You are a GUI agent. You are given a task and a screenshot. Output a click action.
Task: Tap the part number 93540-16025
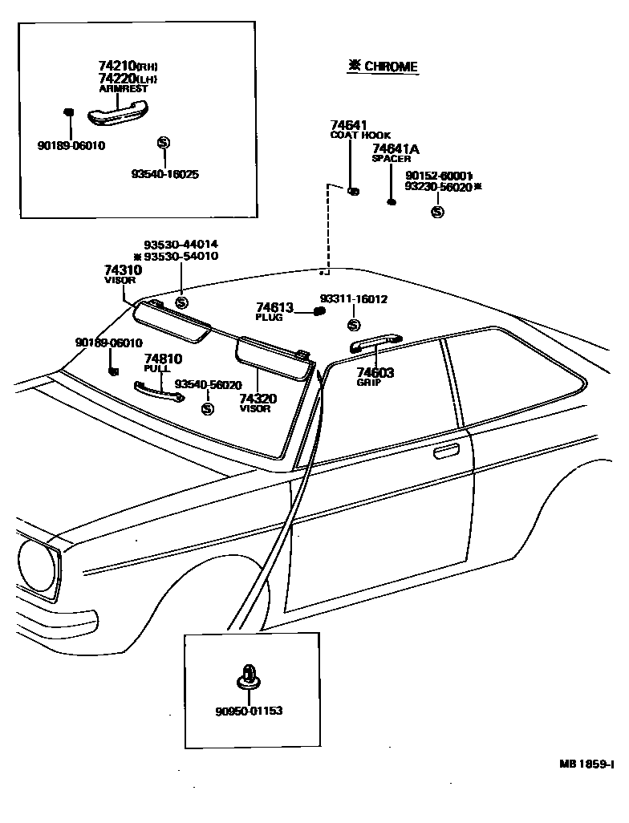click(x=165, y=173)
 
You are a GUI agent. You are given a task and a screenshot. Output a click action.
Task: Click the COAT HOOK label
click(x=360, y=136)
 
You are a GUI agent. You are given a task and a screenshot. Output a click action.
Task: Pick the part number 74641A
click(x=395, y=148)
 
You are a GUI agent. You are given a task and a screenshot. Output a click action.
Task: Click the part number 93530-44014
click(x=181, y=245)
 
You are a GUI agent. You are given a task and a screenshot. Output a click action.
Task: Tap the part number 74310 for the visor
click(x=122, y=270)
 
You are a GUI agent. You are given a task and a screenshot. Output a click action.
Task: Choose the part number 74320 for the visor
click(x=258, y=399)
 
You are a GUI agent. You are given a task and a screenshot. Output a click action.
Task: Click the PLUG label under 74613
click(x=269, y=318)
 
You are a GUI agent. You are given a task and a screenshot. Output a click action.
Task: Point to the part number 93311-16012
click(x=354, y=299)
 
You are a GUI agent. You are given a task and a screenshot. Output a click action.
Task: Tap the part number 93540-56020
click(x=208, y=385)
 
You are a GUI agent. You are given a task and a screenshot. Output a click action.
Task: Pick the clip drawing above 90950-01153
click(x=248, y=679)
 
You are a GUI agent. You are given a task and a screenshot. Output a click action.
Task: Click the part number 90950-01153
click(x=249, y=711)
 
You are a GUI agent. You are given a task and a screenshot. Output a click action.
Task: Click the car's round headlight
click(x=36, y=566)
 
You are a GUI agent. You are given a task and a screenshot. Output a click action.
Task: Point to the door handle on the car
click(x=447, y=454)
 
